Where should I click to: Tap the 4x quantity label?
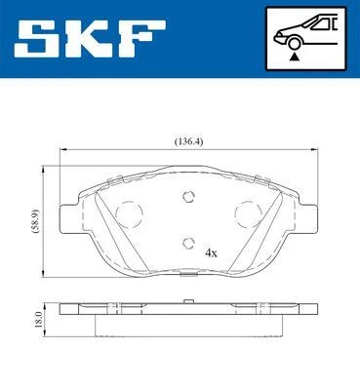pos(210,251)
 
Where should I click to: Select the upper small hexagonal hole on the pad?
pos(186,197)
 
